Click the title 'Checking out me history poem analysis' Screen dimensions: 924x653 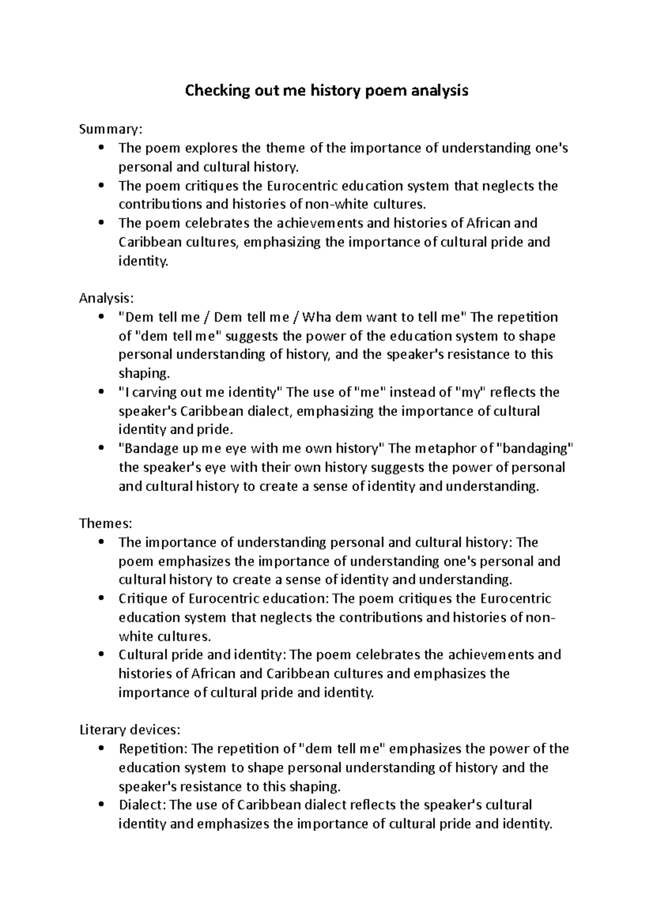326,91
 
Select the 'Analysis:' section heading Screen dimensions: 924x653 106,299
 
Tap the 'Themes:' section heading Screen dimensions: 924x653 106,523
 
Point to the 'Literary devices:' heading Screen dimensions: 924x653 130,730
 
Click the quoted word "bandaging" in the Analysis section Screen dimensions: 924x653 536,449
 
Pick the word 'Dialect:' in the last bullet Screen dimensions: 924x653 143,805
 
